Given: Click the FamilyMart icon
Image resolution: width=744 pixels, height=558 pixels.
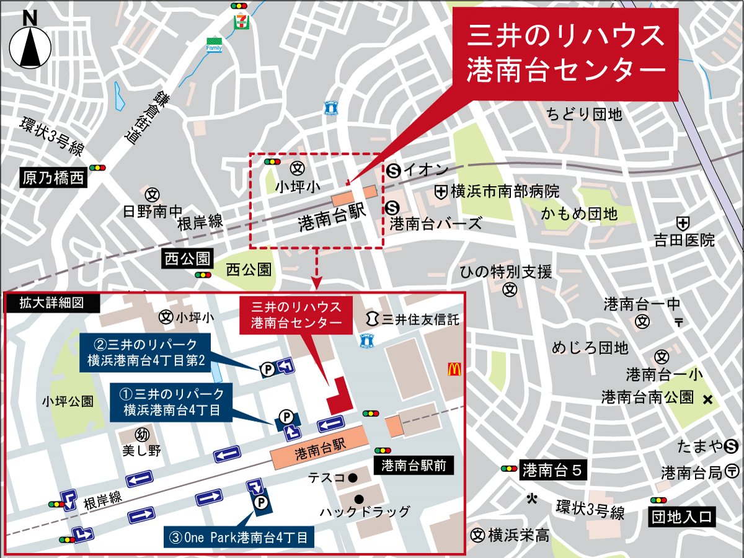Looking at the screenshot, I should [214, 47].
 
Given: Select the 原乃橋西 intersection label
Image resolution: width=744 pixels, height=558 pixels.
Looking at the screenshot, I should [53, 179].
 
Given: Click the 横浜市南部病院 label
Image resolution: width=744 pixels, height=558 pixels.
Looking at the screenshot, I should [505, 192].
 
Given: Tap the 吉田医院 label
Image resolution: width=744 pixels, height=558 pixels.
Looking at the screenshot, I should [684, 239].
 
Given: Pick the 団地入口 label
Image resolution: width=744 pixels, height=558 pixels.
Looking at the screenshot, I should [681, 516].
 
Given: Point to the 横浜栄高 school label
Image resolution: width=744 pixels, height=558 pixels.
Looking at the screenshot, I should [518, 535].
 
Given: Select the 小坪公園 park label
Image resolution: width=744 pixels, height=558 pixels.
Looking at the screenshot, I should [68, 401].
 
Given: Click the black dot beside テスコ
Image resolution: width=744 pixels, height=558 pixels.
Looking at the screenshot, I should [352, 477].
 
